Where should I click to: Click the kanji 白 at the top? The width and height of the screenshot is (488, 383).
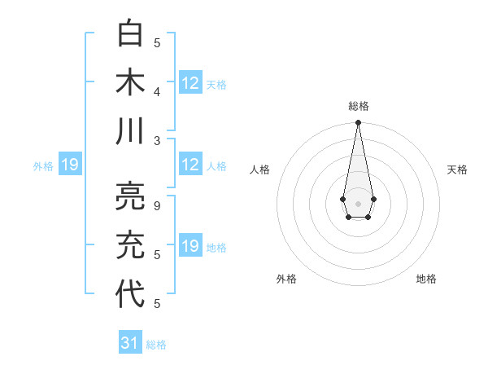click(x=131, y=33)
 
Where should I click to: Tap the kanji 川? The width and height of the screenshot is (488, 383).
click(x=131, y=130)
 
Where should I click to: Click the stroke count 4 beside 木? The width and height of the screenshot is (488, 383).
click(x=157, y=91)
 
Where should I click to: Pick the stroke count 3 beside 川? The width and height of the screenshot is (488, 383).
click(x=157, y=140)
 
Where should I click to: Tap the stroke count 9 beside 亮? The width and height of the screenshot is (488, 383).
click(x=157, y=206)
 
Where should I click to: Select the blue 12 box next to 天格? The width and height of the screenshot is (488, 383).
click(x=190, y=83)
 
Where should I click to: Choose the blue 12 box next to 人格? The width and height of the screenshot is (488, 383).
click(x=190, y=165)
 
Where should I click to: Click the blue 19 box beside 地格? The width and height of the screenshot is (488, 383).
click(x=190, y=246)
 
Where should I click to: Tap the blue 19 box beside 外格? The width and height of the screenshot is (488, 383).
click(x=69, y=165)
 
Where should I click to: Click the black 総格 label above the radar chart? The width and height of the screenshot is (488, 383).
click(x=358, y=106)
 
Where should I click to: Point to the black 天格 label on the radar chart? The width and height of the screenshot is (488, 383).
click(x=457, y=169)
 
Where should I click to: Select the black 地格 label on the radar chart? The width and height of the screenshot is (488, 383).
click(x=426, y=279)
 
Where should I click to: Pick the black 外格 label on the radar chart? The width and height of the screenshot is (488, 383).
click(x=286, y=279)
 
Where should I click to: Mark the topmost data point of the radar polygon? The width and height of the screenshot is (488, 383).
click(x=358, y=123)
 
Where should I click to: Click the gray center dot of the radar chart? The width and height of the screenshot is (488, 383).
click(x=358, y=202)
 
